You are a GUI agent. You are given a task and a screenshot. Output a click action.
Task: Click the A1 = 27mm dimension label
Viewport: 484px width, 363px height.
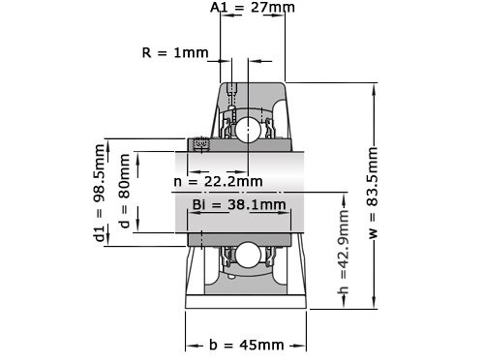pyautogui.click(x=253, y=9)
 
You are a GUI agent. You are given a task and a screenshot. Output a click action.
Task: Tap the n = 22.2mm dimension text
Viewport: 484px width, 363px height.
pyautogui.click(x=218, y=181)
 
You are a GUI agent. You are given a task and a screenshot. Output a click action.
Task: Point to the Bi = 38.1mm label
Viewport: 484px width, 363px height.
pyautogui.click(x=239, y=204)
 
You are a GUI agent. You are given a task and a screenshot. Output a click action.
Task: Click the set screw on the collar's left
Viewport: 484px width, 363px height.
pyautogui.click(x=202, y=144)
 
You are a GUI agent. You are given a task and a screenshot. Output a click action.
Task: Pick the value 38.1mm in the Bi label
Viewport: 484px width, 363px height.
pyautogui.click(x=259, y=204)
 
